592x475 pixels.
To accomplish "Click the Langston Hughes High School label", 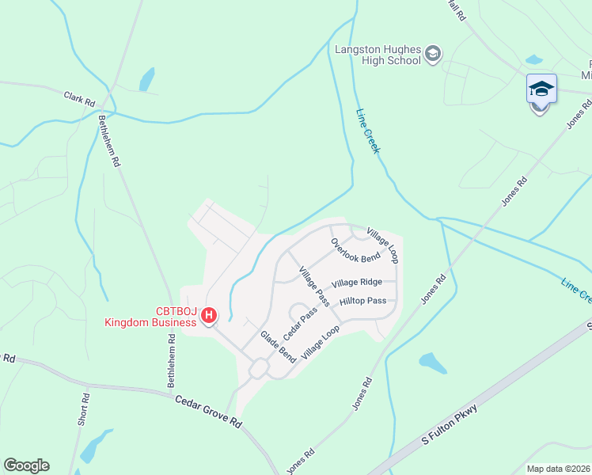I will pos(378,54).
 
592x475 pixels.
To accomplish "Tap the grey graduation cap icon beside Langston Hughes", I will pos(433,54).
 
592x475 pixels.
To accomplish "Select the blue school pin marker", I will pos(541,89).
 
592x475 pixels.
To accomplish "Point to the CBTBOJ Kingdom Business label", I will pos(153,317).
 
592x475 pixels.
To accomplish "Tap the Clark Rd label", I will pos(79,99).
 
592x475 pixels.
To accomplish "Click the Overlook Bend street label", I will pos(356,250).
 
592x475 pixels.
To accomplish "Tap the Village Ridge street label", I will pos(357,283).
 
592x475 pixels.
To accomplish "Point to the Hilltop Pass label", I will pos(362,302).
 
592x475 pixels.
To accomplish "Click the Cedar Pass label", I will pos(301,323).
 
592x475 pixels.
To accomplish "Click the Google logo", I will pos(26,465).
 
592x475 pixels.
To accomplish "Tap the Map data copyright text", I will pos(558,469).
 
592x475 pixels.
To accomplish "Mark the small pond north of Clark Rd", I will pos(147,79).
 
